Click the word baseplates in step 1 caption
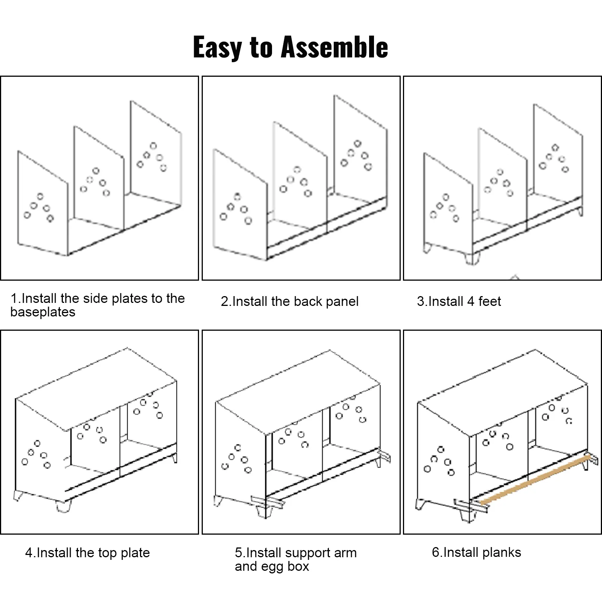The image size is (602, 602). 43,312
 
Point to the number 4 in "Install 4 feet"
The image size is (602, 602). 471,301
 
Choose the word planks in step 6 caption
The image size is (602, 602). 502,552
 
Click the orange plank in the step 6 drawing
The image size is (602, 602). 534,479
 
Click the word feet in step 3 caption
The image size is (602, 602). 490,301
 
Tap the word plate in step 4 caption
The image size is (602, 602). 135,553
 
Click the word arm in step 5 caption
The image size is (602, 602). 345,553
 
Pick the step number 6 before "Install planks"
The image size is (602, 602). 436,552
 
